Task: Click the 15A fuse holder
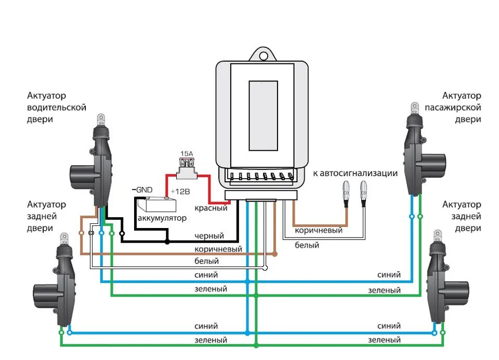pyautogui.click(x=187, y=168)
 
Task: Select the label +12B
pyautogui.click(x=180, y=192)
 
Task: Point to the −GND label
pyautogui.click(x=142, y=190)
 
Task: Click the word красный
pyautogui.click(x=211, y=208)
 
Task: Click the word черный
pyautogui.click(x=209, y=236)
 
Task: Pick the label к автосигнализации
pyautogui.click(x=355, y=174)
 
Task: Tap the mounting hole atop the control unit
pyautogui.click(x=263, y=56)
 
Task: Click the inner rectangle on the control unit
pyautogui.click(x=263, y=116)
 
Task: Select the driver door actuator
pyautogui.click(x=94, y=162)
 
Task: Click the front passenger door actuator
pyautogui.click(x=422, y=150)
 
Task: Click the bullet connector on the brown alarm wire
pyautogui.click(x=346, y=194)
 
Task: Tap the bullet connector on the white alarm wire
pyautogui.click(x=363, y=194)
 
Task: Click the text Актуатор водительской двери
pyautogui.click(x=57, y=108)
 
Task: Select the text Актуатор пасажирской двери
pyautogui.click(x=453, y=108)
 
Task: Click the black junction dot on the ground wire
pyautogui.click(x=167, y=242)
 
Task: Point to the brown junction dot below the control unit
pyautogui.click(x=275, y=254)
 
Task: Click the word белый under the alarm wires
pyautogui.click(x=307, y=245)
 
